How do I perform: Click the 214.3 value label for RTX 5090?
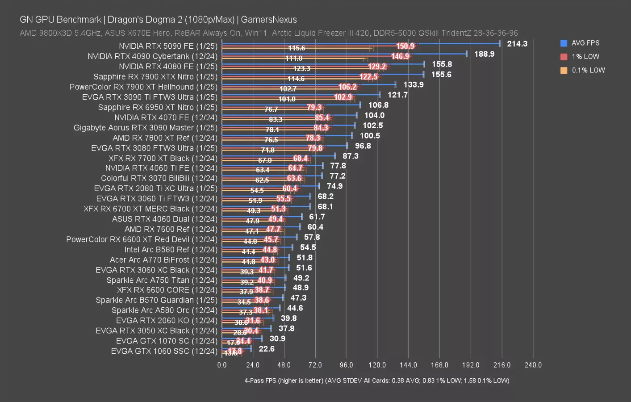tap(517, 44)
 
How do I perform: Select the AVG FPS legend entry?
tap(585, 43)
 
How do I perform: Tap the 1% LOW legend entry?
tap(585, 57)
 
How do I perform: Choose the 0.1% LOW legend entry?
tap(588, 70)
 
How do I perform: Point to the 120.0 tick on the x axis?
tap(377, 365)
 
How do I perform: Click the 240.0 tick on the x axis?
tap(533, 365)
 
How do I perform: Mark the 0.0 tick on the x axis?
tap(222, 365)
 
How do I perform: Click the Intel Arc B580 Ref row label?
tap(171, 250)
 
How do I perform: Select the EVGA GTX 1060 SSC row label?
tap(164, 351)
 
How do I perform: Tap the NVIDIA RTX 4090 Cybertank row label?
tap(152, 56)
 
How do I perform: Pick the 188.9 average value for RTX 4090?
tap(484, 54)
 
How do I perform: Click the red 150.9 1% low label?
tap(405, 46)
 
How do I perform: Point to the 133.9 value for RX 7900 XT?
tap(413, 85)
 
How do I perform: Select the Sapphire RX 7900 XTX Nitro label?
tap(155, 77)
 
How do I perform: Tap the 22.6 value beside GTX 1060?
tap(266, 349)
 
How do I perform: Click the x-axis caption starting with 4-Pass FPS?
tap(376, 381)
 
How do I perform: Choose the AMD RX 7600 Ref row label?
tap(171, 229)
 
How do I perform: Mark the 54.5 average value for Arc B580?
tap(308, 247)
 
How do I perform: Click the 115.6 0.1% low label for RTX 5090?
tap(297, 48)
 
